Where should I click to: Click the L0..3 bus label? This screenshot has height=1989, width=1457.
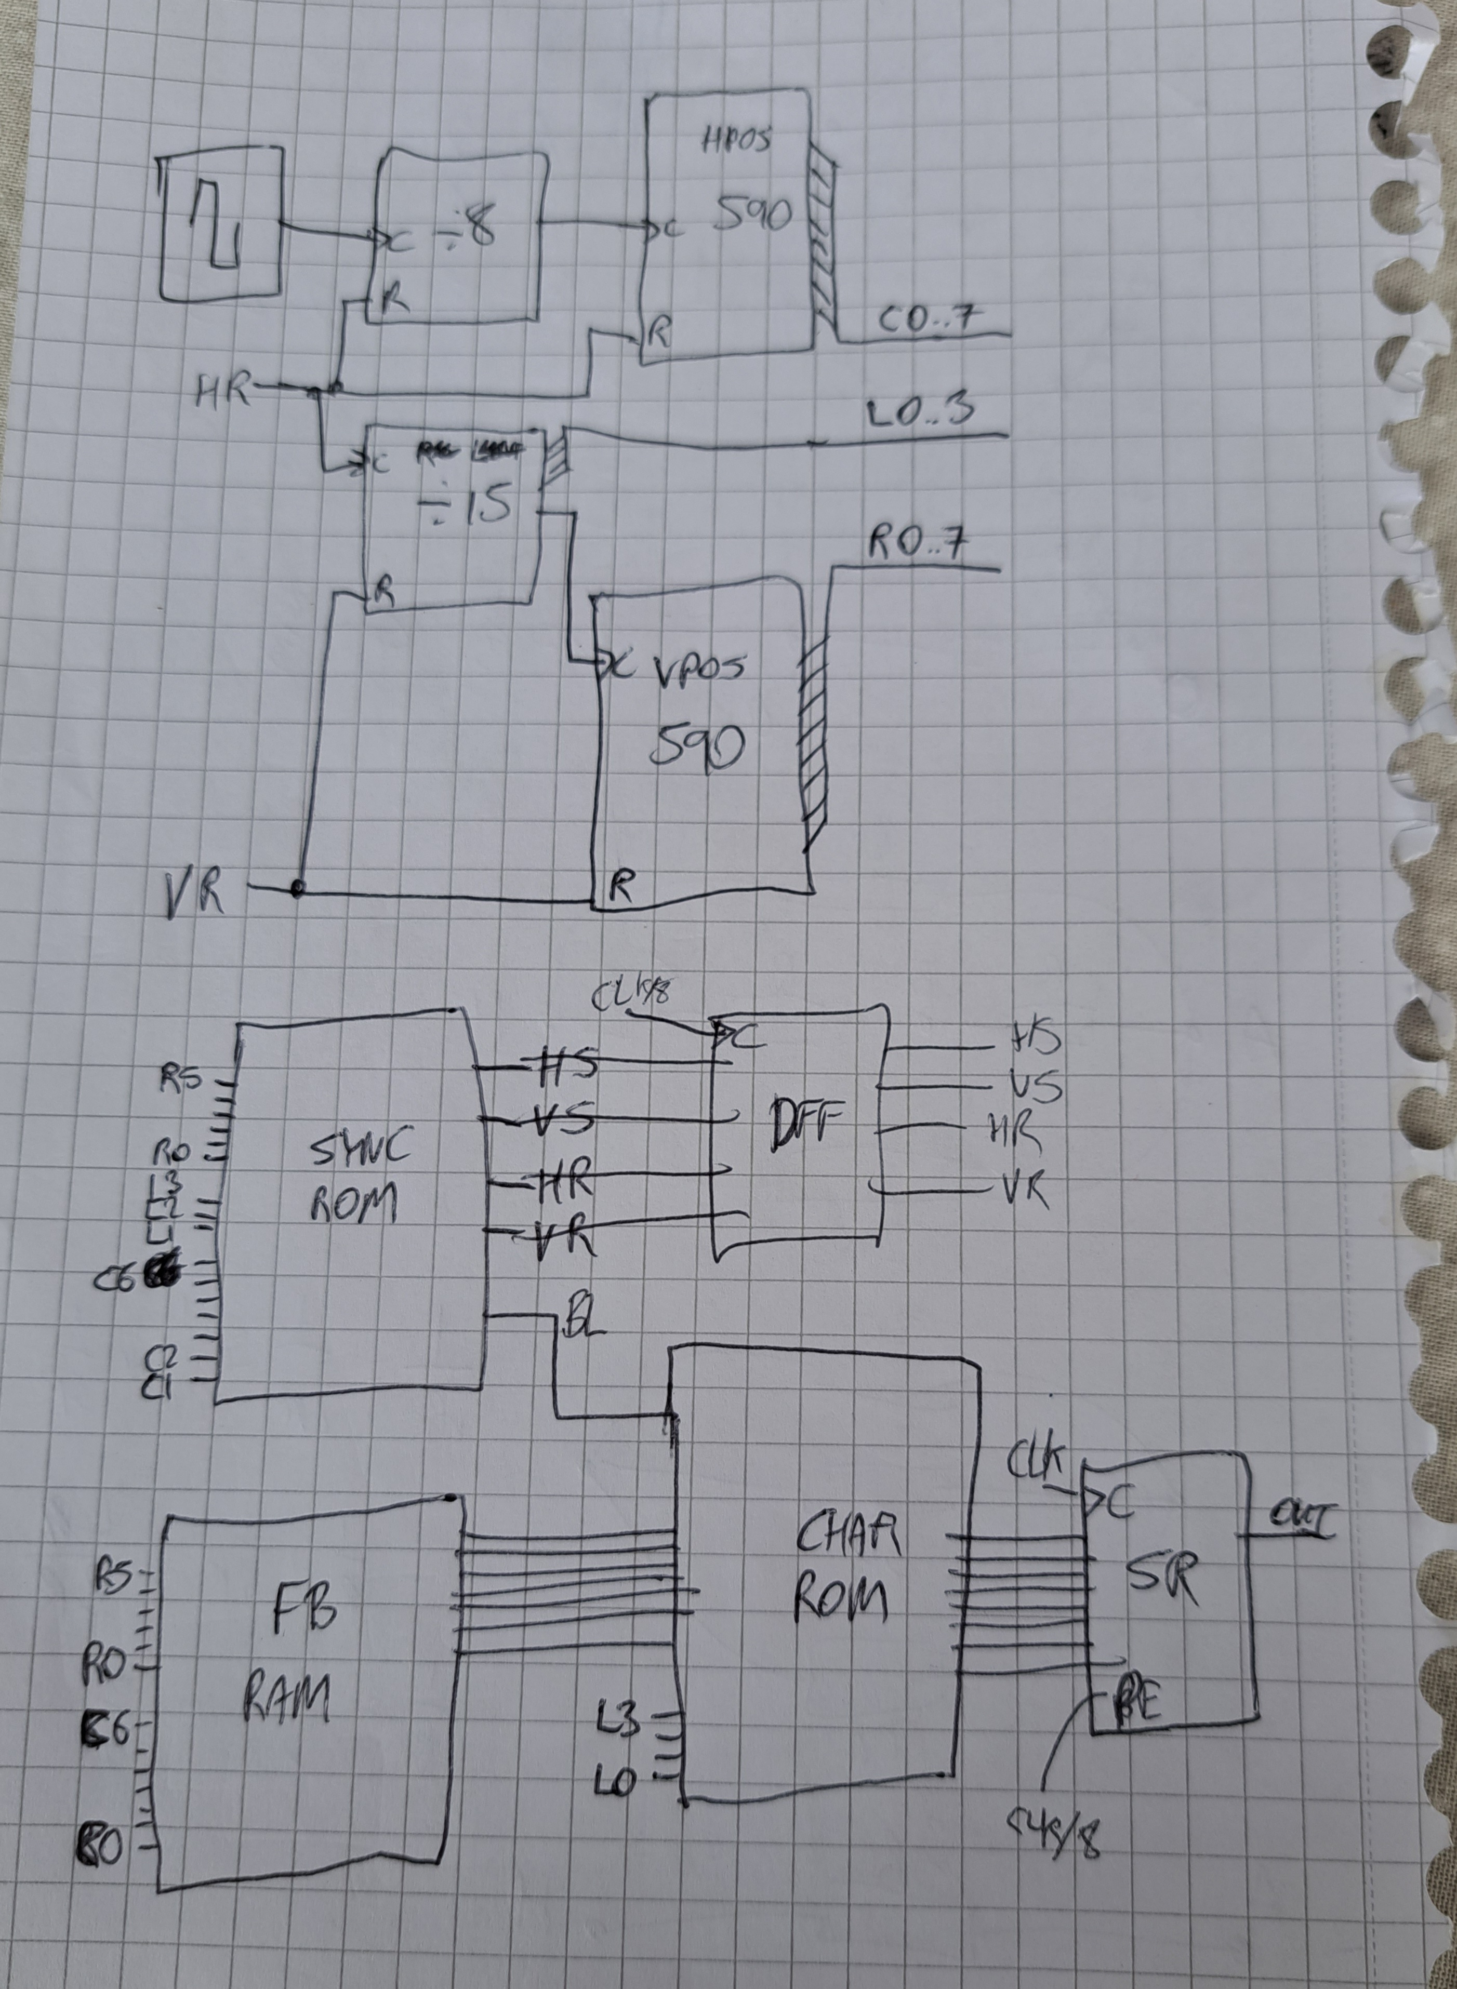pyautogui.click(x=922, y=412)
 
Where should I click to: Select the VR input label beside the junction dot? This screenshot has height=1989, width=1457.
pyautogui.click(x=193, y=896)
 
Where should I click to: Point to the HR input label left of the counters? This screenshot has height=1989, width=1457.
pyautogui.click(x=222, y=389)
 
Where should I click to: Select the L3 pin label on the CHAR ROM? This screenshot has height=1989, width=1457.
pyautogui.click(x=617, y=1720)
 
